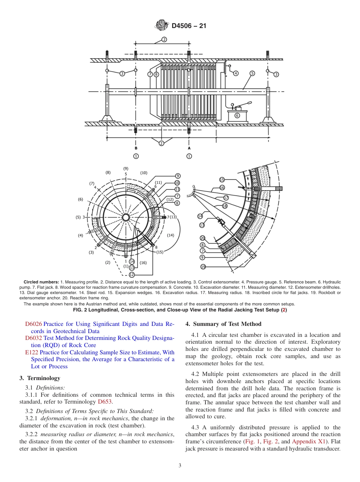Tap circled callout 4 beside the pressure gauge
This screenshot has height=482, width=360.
(x=236, y=73)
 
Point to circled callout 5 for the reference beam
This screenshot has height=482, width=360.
(x=252, y=73)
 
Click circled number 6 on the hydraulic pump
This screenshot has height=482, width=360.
(x=237, y=116)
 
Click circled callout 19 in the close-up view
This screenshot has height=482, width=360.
(x=203, y=267)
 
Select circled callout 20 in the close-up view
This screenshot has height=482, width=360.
(x=202, y=238)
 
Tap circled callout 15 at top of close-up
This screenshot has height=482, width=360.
(x=222, y=180)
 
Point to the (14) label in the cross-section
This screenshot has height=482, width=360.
(x=171, y=235)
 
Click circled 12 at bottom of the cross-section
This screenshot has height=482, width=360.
(x=131, y=274)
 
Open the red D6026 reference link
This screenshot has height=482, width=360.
(x=34, y=324)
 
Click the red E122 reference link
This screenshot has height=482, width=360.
(x=31, y=352)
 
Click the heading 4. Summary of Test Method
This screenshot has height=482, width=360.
(x=223, y=324)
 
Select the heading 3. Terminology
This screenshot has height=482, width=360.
(x=40, y=378)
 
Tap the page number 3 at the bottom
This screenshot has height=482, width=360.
(x=180, y=466)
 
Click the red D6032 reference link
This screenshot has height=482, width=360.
(x=34, y=338)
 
